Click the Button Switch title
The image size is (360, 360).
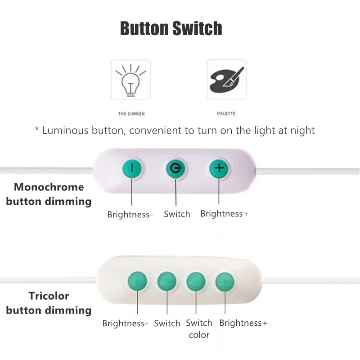[171, 28]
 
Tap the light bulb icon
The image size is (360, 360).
[131, 80]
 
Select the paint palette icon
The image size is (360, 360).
[227, 80]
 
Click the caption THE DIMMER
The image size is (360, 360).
[131, 114]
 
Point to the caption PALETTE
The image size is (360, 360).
[227, 114]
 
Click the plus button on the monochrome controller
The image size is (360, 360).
[219, 169]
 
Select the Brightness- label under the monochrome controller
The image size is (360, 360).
[130, 215]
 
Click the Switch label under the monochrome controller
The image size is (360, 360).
[177, 214]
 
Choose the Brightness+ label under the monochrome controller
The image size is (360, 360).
[224, 214]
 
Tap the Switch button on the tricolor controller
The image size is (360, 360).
[167, 282]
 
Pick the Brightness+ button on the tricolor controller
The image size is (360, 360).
[225, 282]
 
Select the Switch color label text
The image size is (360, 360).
[199, 329]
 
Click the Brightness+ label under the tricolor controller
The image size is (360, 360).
[243, 323]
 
